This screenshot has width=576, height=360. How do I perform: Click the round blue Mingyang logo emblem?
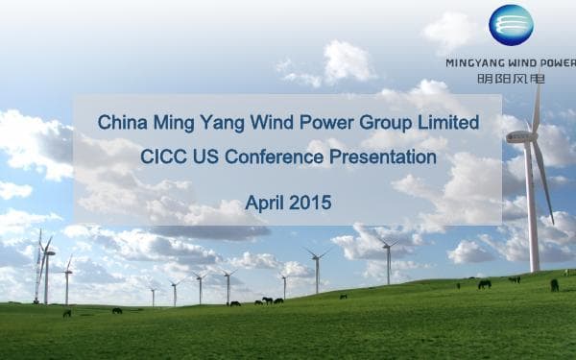(x=511, y=26)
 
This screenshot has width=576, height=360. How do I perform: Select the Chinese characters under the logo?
(x=510, y=78)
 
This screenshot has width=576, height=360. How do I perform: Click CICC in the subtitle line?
(x=161, y=156)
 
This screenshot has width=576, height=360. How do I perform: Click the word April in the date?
(x=267, y=203)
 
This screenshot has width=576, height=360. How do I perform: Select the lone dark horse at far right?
(x=554, y=285)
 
